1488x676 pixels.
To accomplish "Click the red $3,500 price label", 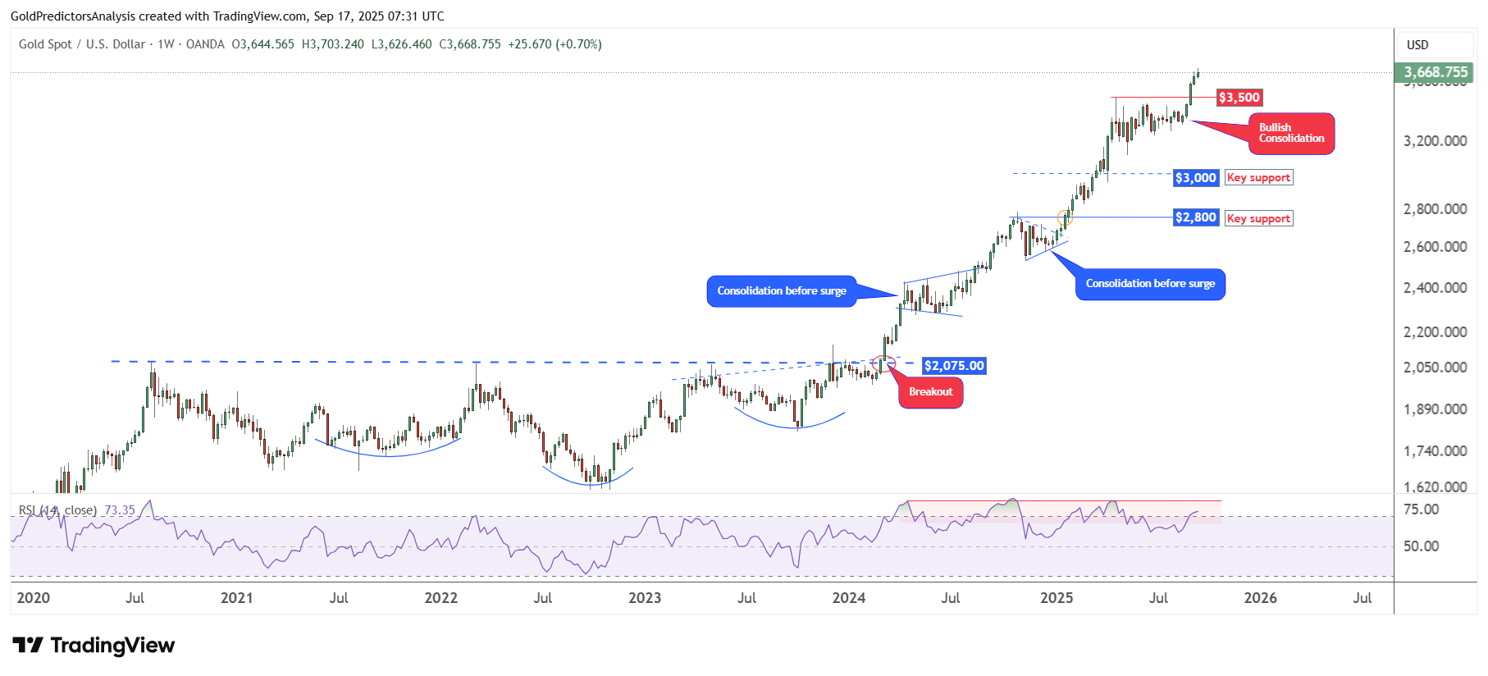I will click(x=1239, y=98).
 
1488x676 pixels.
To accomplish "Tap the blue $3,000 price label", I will click(x=1195, y=178).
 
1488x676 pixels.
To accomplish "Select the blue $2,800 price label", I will click(x=1195, y=217).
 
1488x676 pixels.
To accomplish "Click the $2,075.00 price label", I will click(x=953, y=366).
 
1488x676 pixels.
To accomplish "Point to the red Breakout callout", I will click(x=930, y=392).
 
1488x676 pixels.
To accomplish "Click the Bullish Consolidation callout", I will click(x=1291, y=133).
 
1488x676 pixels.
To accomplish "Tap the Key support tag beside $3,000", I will click(x=1258, y=178).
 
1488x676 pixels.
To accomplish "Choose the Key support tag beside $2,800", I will click(x=1258, y=218).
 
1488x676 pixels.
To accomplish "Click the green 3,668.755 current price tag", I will click(x=1435, y=72).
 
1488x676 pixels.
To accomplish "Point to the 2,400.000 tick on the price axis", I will click(x=1435, y=288).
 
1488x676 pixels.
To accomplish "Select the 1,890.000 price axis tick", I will click(x=1435, y=409).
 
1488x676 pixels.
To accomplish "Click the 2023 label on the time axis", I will click(x=645, y=598).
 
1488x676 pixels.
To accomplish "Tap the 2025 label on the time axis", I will click(x=1057, y=598).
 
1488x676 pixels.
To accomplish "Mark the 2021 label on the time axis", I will click(x=237, y=598).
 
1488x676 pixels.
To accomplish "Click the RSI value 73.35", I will click(x=120, y=510).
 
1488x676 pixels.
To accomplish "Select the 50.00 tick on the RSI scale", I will click(x=1421, y=546).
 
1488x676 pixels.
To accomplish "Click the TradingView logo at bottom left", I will click(x=94, y=646).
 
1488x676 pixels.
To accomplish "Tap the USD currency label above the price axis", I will click(x=1417, y=45).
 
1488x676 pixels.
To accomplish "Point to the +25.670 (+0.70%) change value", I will click(x=555, y=44).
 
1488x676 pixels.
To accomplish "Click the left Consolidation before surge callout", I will click(x=781, y=291).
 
